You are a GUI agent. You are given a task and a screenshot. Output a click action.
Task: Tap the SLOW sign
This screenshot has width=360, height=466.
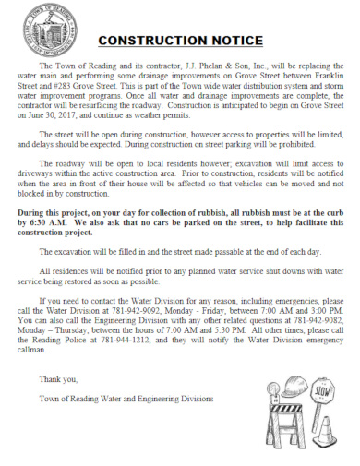(323, 390)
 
